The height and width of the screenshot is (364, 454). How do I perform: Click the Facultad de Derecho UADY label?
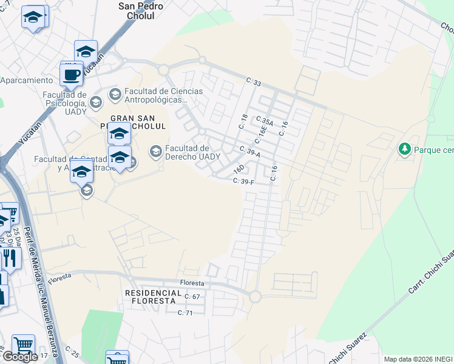[x=192, y=152]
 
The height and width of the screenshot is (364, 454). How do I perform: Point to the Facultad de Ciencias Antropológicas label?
[x=164, y=95]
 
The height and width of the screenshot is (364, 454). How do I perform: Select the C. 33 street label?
[x=253, y=81]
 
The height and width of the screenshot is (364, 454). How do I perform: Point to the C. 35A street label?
[x=265, y=122]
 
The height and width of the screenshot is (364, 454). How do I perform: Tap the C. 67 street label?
[x=192, y=297]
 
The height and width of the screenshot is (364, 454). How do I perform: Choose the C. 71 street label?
[x=185, y=312]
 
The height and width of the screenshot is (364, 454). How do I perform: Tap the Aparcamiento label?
[x=27, y=80]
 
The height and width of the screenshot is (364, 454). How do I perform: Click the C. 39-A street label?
[x=249, y=152]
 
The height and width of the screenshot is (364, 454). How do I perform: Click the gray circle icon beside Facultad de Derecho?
[x=156, y=150]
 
